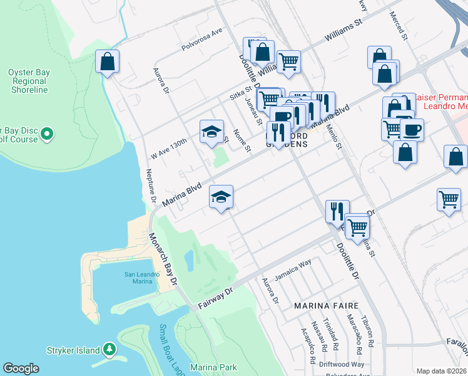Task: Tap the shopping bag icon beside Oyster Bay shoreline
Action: [108, 61]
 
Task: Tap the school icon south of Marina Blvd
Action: [221, 197]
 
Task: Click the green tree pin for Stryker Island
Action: [109, 348]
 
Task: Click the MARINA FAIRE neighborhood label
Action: [327, 305]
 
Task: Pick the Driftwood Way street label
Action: [340, 364]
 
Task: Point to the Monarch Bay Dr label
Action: [162, 259]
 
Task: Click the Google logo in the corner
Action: [21, 368]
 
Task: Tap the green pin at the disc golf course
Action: [49, 134]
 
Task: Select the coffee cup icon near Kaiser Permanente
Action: [412, 130]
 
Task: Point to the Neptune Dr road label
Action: [151, 186]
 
